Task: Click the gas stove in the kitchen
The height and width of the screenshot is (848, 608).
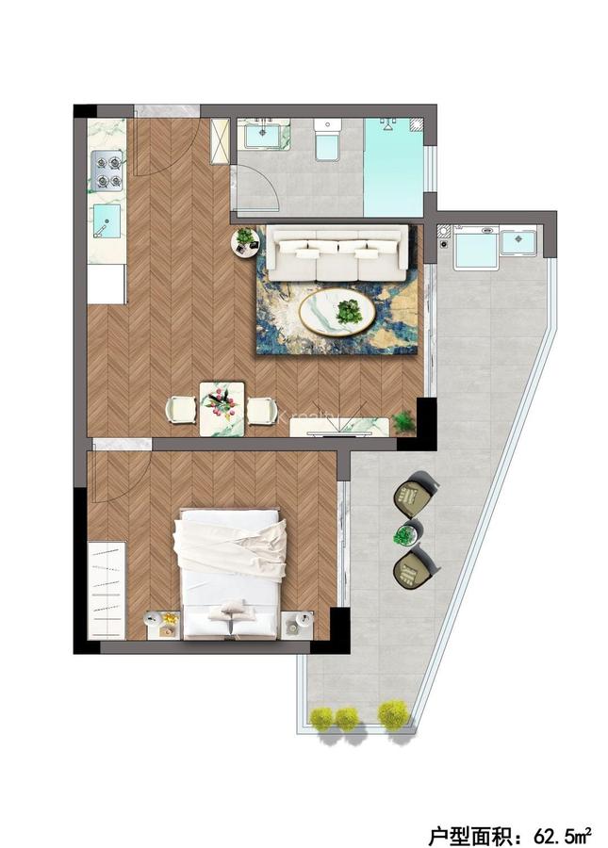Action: pos(107,172)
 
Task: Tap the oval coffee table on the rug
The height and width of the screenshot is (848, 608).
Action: pos(337,309)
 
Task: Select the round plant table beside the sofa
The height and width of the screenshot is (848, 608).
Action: pos(246,241)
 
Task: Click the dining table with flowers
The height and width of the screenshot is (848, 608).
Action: pos(222,409)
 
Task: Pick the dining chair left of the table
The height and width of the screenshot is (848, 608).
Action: pos(181,409)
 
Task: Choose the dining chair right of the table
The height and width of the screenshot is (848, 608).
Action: pos(262,409)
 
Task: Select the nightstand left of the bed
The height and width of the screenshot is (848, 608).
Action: pos(162,624)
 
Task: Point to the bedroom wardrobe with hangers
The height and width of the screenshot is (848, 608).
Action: pos(106,589)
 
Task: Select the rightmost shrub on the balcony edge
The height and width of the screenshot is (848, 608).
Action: pos(393,714)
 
